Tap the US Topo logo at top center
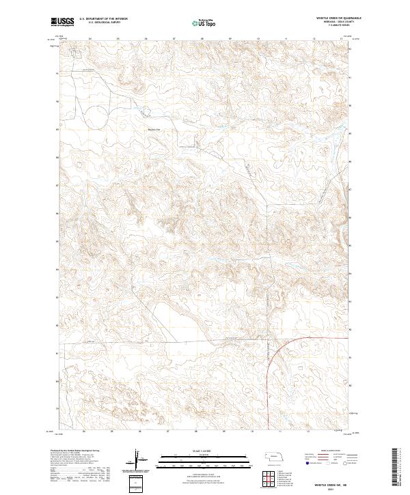[x=204, y=23]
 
